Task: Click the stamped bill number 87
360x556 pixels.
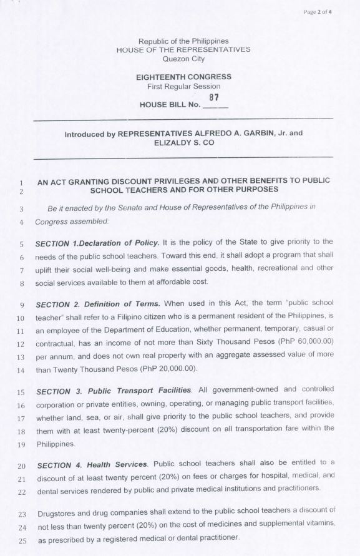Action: (x=213, y=97)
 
